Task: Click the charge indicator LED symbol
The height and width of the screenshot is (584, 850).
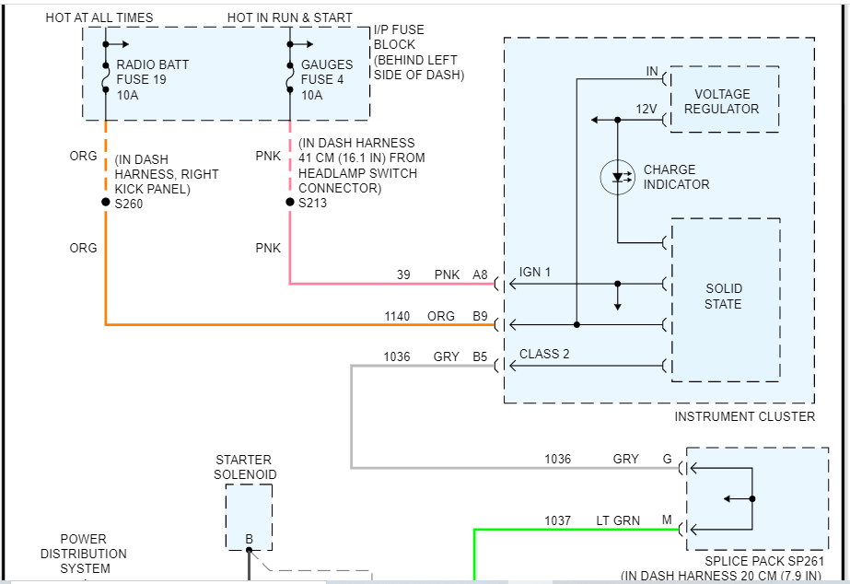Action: point(617,177)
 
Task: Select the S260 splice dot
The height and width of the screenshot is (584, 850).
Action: point(106,203)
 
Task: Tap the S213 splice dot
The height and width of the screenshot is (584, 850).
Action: point(290,203)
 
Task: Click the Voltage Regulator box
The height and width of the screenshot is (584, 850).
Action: point(725,99)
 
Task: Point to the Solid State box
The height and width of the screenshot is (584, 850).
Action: point(726,300)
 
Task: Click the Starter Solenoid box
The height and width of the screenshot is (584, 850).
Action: point(249,517)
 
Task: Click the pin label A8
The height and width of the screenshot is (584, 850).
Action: point(481,274)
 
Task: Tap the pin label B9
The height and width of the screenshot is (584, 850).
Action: point(481,316)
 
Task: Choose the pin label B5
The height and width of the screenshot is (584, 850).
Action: point(481,356)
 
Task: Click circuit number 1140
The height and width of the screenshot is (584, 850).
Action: point(397,316)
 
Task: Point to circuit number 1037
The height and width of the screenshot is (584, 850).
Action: point(558,520)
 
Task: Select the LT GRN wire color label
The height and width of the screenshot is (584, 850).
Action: point(619,520)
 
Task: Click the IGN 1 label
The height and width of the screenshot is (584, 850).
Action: point(535,273)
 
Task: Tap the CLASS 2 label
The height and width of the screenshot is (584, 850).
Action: point(544,354)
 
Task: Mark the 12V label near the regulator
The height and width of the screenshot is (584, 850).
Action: point(646,109)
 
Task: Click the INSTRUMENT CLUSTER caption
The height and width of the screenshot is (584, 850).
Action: point(745,416)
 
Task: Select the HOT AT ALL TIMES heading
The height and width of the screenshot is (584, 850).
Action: point(99,18)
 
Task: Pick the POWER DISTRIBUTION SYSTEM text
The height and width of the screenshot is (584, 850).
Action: point(84,554)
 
